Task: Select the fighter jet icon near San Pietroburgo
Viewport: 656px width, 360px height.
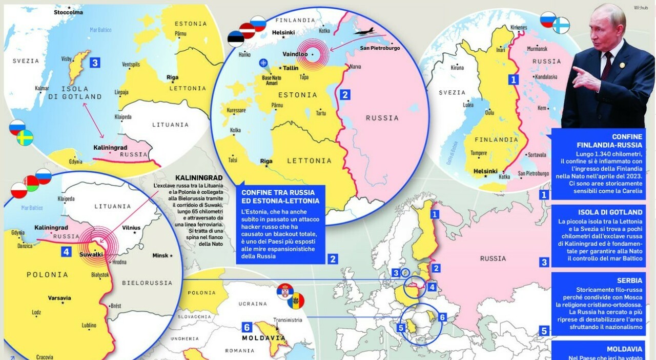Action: point(365,32)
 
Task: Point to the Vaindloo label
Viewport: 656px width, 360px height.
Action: point(295,53)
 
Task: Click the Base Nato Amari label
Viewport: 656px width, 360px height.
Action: point(272,81)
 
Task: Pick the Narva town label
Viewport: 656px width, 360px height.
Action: point(355,66)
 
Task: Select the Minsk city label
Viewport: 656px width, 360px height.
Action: point(162,255)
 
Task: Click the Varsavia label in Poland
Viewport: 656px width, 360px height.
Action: point(59,298)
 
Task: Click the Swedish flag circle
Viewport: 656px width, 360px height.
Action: point(25,138)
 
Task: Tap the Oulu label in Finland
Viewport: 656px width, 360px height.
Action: point(490,112)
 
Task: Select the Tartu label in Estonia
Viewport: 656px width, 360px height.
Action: point(321,113)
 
